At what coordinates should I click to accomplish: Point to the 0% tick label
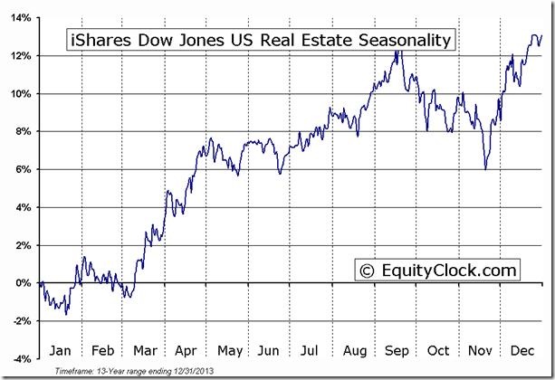tap(24, 282)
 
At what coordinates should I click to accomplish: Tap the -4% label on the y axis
tap(23, 358)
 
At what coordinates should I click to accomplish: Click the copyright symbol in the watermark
tap(367, 270)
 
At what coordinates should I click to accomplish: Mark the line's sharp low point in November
tap(486, 169)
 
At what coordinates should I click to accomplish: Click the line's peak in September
tap(397, 52)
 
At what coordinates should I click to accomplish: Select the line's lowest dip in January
tap(67, 314)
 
